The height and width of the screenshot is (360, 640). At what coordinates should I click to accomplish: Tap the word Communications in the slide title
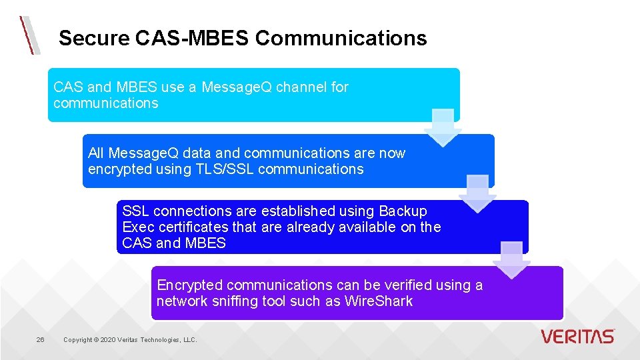[x=341, y=38]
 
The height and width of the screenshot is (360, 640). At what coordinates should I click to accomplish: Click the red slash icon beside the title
[x=29, y=35]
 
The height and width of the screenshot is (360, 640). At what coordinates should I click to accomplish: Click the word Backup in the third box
[x=403, y=211]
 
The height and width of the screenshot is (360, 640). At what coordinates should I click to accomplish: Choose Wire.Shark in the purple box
[x=379, y=301]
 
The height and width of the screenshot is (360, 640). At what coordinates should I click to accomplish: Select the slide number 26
[x=40, y=340]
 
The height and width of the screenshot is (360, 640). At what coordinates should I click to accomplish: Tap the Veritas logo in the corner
[x=578, y=336]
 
